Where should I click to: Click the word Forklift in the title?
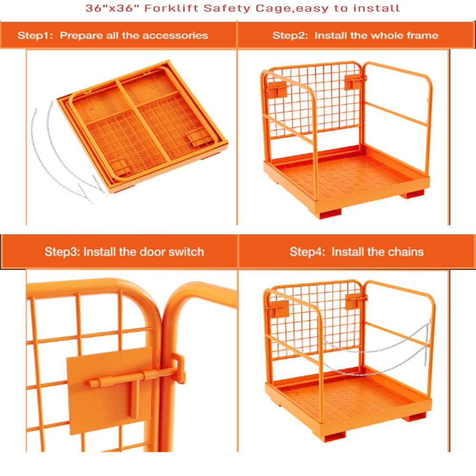[171, 8]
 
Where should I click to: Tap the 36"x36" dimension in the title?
[112, 8]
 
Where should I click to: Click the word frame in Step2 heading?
[423, 36]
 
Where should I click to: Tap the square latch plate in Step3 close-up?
[110, 390]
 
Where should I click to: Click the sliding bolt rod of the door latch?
[134, 377]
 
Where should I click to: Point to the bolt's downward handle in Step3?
[135, 399]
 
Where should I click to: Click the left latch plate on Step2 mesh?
[277, 89]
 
